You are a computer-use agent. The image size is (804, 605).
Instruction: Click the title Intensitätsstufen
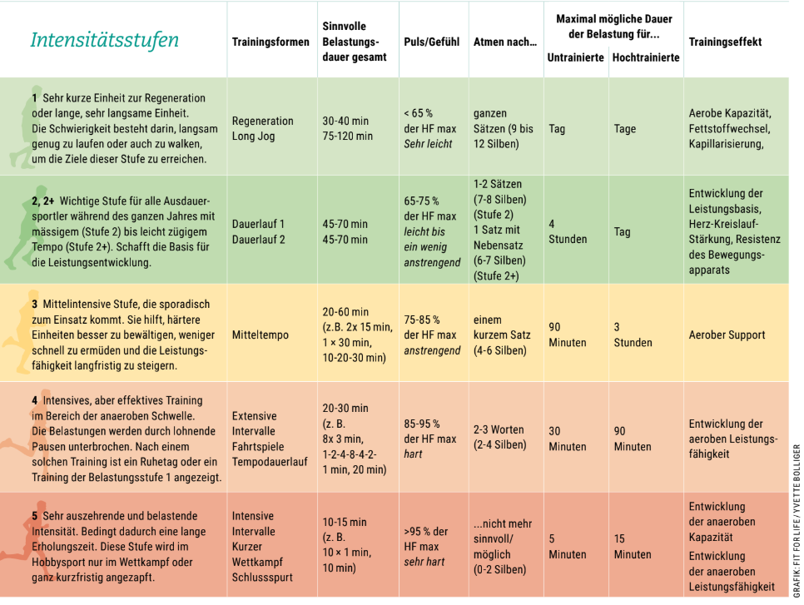click(x=104, y=41)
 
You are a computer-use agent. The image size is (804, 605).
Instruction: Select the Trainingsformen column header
click(x=270, y=42)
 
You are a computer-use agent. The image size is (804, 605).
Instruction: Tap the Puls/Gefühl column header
click(x=431, y=42)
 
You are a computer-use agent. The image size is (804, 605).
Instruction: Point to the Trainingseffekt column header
click(x=725, y=42)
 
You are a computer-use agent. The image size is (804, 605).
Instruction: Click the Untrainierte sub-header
click(x=575, y=57)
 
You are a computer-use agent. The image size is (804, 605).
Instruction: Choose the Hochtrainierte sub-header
click(x=646, y=57)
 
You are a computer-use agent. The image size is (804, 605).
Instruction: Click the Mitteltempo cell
click(x=261, y=335)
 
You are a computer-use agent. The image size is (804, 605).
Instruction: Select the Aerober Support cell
click(x=727, y=335)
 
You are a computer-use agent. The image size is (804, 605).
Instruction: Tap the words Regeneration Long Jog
click(x=262, y=128)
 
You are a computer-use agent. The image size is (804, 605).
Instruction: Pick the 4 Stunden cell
click(x=567, y=231)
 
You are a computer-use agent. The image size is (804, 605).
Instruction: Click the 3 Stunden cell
click(x=633, y=335)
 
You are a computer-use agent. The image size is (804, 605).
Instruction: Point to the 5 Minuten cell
click(x=567, y=546)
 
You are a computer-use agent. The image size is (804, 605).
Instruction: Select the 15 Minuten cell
click(x=633, y=546)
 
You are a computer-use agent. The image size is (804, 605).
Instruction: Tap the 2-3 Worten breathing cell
click(x=499, y=437)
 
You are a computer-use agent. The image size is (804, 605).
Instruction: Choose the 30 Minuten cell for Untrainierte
click(x=567, y=439)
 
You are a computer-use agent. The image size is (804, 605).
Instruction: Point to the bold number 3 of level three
click(x=35, y=304)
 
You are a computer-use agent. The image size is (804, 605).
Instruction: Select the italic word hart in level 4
click(x=414, y=454)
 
